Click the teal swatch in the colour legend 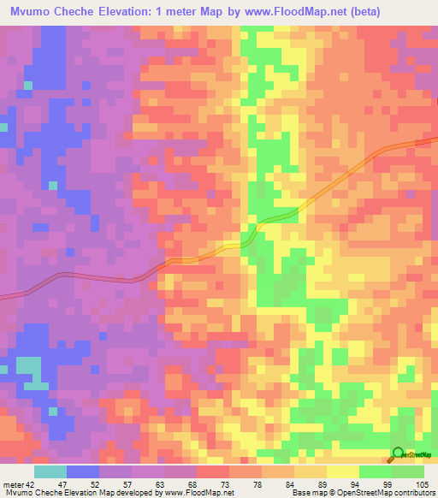pyautogui.click(x=50, y=471)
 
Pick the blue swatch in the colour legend pyautogui.click(x=83, y=471)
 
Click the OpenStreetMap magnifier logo pyautogui.click(x=397, y=454)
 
